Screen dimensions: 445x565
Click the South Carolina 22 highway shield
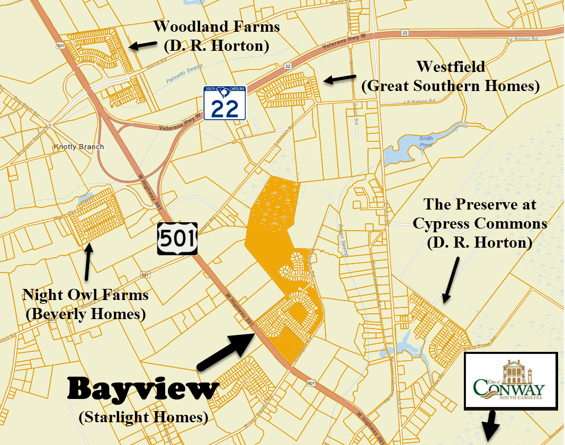click(225, 103)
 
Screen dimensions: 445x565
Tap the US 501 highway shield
click(177, 238)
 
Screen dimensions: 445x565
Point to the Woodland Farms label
click(217, 26)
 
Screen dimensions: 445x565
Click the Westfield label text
click(450, 67)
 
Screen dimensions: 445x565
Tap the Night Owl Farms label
click(85, 295)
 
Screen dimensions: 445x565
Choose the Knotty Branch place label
click(79, 147)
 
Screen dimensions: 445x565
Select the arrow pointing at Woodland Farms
click(143, 46)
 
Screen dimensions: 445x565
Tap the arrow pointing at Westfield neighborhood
click(339, 79)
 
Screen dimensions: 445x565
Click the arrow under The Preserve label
click(452, 280)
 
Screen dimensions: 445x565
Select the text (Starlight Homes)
click(143, 417)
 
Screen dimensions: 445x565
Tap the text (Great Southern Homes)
click(450, 86)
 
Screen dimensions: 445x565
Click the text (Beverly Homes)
click(85, 314)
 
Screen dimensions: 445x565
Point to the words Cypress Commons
click(480, 223)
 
